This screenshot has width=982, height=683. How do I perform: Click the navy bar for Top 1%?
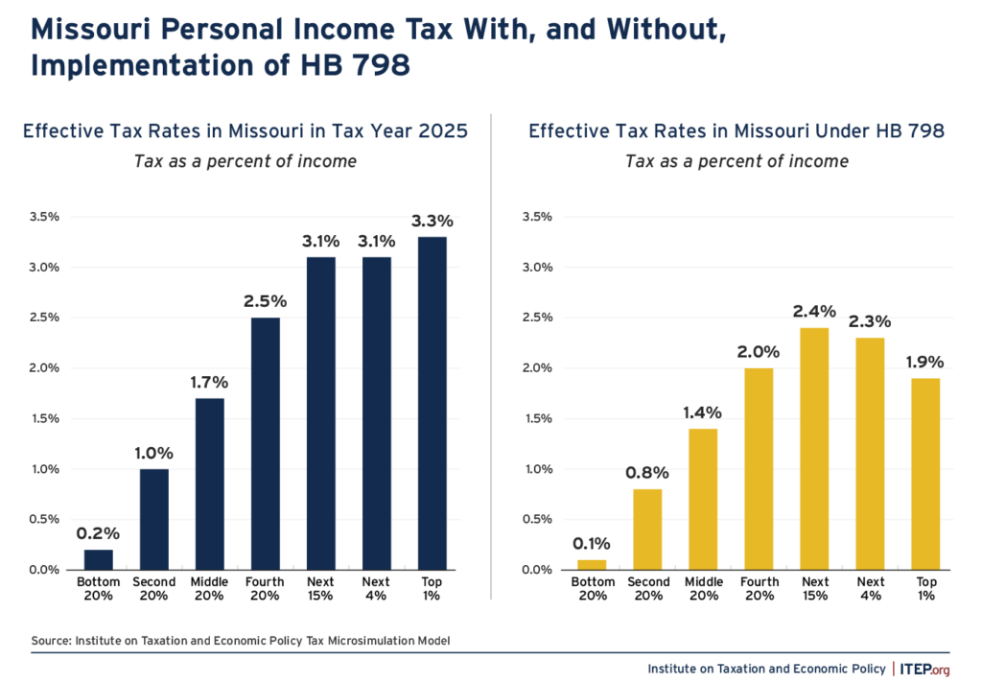point(433,403)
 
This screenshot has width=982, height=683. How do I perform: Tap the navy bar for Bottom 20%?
point(99,559)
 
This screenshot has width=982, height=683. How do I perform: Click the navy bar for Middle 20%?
point(209,483)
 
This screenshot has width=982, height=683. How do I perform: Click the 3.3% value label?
point(433,222)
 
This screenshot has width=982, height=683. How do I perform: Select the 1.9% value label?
point(925,363)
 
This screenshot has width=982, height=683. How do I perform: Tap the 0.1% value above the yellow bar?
point(592,544)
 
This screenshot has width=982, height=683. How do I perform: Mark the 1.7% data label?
point(209,383)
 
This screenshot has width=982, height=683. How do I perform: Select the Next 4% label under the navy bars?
point(377,588)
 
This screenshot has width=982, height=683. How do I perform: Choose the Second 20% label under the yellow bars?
point(647,588)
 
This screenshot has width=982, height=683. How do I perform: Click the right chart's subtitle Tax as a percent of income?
point(736,161)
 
